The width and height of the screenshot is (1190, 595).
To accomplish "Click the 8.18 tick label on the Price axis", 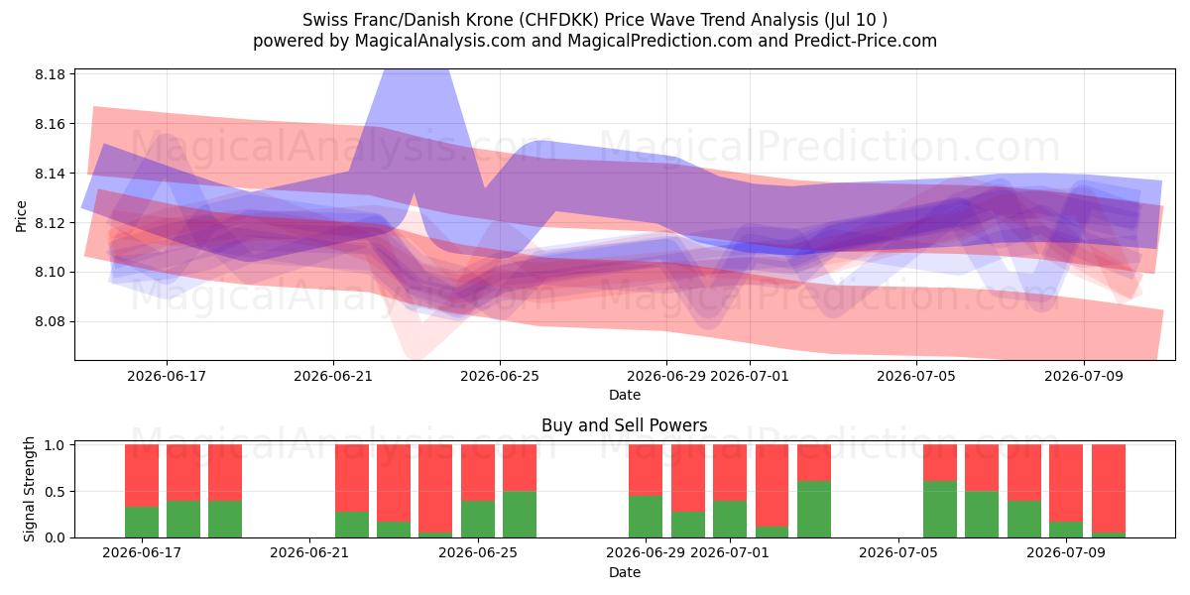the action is (x=50, y=74).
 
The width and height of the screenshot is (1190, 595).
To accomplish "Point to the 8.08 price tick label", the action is (x=50, y=322).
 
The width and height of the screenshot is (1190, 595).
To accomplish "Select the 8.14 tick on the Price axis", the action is (x=50, y=174).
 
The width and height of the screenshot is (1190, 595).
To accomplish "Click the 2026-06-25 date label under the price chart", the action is (x=500, y=376).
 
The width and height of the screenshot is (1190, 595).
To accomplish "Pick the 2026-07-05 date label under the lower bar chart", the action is (x=898, y=552).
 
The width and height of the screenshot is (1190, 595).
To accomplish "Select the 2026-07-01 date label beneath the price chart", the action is (x=750, y=376).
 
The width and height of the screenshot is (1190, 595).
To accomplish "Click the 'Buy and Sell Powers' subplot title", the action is (x=624, y=425).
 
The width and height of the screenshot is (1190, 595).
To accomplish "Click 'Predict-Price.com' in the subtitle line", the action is (x=866, y=41).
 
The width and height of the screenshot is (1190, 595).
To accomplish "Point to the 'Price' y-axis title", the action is (x=21, y=216).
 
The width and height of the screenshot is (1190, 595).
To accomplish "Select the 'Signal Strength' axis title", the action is (x=29, y=489).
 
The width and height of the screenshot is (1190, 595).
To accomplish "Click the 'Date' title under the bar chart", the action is (x=624, y=572).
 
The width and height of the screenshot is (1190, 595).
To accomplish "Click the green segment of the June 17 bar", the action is (x=142, y=522).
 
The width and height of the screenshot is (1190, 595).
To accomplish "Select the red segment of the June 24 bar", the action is (x=435, y=489).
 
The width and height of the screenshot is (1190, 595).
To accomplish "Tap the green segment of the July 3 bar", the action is (x=814, y=509).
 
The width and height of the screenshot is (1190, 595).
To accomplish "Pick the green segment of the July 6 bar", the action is (x=940, y=509).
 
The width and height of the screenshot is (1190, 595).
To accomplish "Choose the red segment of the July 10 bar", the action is (x=1109, y=489).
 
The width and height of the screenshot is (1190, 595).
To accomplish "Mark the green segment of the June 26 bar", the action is (x=520, y=515).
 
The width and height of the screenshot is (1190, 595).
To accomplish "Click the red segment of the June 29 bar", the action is (x=646, y=470).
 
